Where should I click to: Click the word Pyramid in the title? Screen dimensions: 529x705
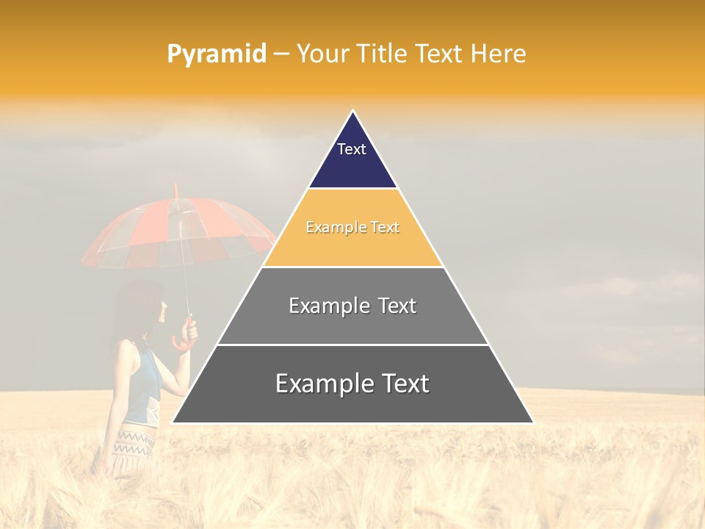pyautogui.click(x=217, y=54)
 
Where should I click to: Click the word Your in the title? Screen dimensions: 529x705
pyautogui.click(x=323, y=54)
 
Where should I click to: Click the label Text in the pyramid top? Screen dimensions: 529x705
pyautogui.click(x=352, y=149)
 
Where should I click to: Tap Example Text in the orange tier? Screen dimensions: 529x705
pyautogui.click(x=352, y=228)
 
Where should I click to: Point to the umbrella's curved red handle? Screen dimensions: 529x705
pyautogui.click(x=183, y=337)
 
